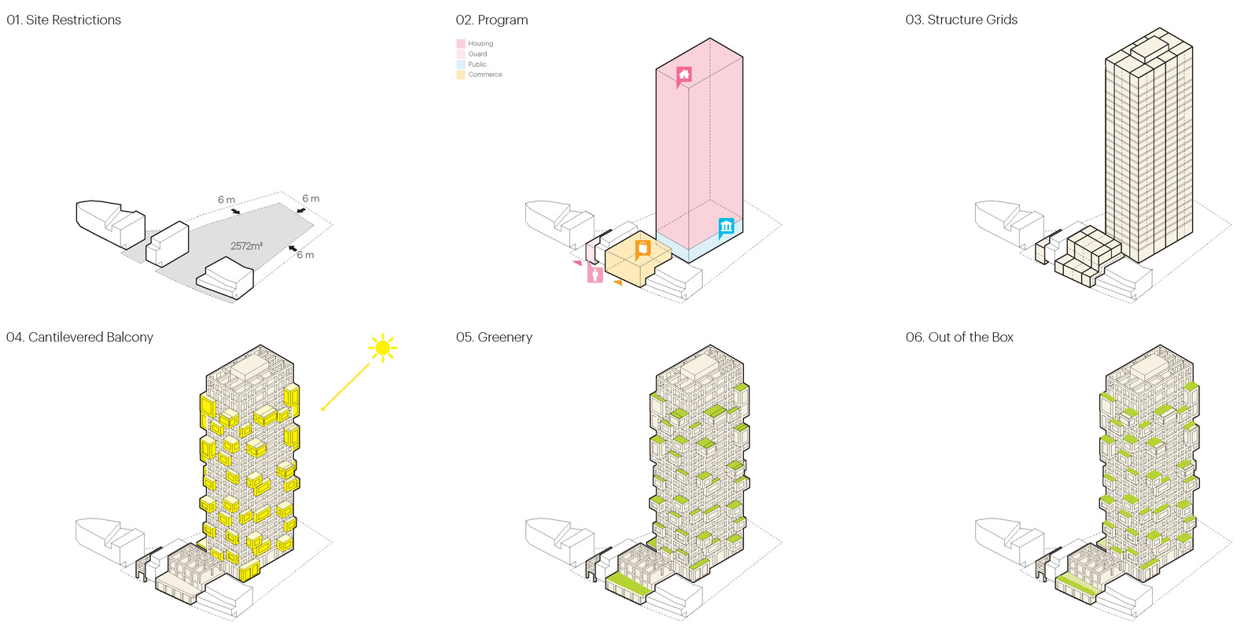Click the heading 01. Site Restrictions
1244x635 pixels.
[x=64, y=20]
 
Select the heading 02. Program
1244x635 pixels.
[x=491, y=20]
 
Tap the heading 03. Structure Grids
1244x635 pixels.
[x=962, y=20]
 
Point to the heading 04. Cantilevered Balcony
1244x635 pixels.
[x=79, y=338]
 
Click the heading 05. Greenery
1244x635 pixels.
[x=494, y=338]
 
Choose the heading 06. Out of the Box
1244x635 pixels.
[x=959, y=338]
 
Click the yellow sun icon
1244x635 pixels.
[x=383, y=348]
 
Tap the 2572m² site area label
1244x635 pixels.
[x=247, y=246]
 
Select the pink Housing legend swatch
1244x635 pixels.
[x=460, y=43]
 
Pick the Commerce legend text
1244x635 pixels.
[x=485, y=75]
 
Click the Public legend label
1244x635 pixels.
[x=477, y=65]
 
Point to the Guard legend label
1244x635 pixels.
[x=477, y=54]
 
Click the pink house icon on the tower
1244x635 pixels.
[x=683, y=76]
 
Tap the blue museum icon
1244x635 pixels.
[x=726, y=227]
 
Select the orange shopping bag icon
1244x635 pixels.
[x=642, y=249]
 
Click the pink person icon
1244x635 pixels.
[x=594, y=274]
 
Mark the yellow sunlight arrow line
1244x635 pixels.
[x=345, y=387]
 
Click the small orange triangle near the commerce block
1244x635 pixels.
[x=617, y=283]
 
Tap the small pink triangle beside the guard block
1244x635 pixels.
[x=577, y=263]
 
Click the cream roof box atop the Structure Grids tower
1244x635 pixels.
[x=1149, y=48]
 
